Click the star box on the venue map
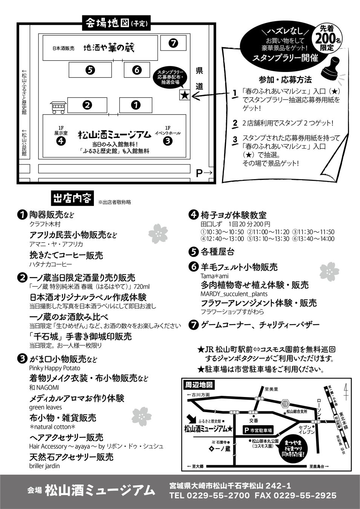185,95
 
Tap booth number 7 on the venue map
173,43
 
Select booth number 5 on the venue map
90,70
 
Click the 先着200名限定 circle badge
327,37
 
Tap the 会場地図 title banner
116,23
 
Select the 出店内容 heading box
72,198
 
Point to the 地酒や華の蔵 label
109,48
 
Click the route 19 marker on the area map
285,404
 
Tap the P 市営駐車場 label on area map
257,430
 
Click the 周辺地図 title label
199,385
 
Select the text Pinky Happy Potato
55,368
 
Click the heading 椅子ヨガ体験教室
233,215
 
